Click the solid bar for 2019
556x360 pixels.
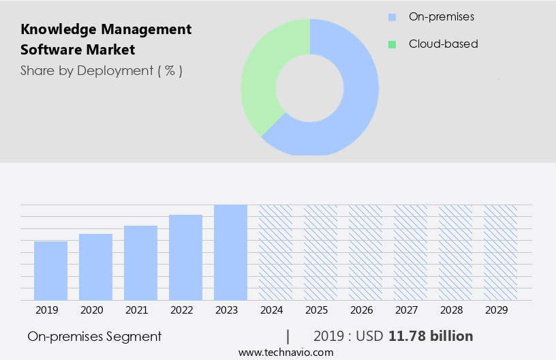50,271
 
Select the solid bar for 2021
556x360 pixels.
140,262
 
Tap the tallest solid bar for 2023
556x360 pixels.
230,252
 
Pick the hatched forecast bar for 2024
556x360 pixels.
275,252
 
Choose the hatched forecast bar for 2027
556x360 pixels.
410,252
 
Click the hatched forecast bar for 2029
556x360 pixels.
500,252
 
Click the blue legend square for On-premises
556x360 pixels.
392,16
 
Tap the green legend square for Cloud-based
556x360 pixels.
392,44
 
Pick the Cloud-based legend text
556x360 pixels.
443,44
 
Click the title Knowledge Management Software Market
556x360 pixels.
106,40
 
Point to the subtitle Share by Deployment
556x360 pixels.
101,70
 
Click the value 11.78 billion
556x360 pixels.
431,336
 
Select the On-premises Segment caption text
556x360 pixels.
95,336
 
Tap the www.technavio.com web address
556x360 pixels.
286,352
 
